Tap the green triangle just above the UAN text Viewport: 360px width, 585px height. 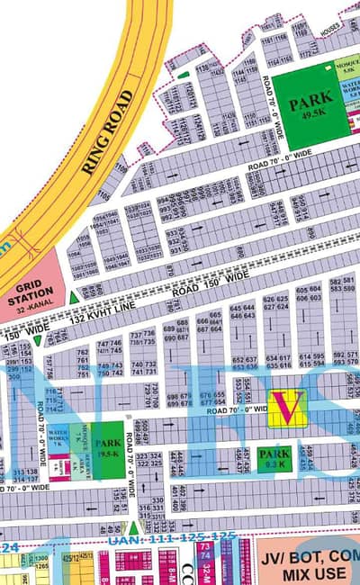click(133, 527)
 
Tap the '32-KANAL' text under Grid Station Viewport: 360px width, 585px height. click(32, 306)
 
